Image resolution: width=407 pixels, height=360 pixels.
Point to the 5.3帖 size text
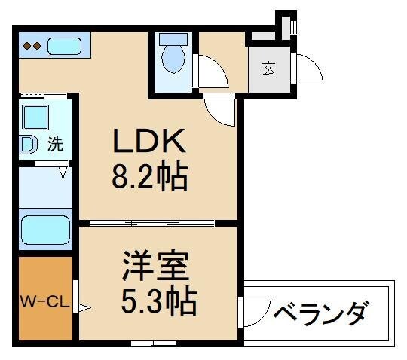click(159, 302)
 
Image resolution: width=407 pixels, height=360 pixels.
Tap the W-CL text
click(44, 304)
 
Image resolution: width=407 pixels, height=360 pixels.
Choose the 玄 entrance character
click(269, 69)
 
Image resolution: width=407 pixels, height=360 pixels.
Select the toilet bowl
click(174, 59)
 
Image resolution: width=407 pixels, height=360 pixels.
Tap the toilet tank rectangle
click(173, 38)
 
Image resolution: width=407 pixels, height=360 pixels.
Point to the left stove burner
click(27, 46)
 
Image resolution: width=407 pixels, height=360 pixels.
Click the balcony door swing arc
click(256, 309)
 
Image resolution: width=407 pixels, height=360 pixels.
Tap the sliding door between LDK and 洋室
click(151, 223)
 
